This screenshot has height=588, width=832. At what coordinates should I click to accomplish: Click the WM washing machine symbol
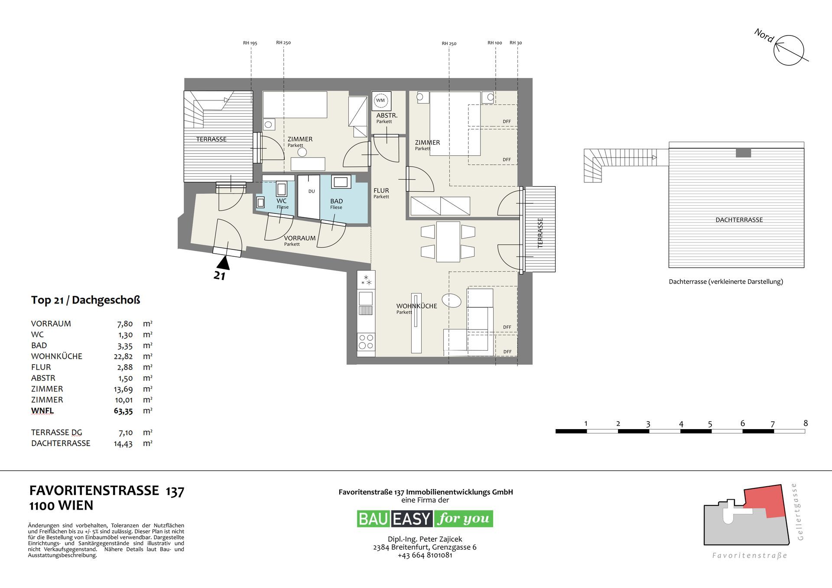tap(380, 100)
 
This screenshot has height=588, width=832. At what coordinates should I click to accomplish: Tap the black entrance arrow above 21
tap(224, 263)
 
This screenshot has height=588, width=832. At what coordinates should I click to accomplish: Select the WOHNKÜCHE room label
tap(416, 306)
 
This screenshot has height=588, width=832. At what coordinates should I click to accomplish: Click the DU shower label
tap(312, 191)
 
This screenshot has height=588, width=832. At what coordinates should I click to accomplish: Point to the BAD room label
tap(336, 201)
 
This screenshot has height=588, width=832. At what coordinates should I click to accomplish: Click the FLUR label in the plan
tap(381, 191)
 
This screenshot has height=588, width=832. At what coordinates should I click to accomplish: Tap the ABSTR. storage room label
tap(387, 116)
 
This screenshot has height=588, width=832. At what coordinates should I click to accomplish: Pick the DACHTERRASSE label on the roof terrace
tap(739, 220)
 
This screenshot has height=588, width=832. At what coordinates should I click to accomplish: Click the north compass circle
tap(789, 50)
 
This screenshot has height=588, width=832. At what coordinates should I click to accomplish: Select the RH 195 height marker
tap(250, 43)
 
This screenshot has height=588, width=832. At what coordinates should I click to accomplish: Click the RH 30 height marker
tap(516, 43)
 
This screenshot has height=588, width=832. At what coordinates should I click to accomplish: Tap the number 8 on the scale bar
tap(806, 423)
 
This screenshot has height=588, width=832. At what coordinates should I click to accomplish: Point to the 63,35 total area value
tap(123, 411)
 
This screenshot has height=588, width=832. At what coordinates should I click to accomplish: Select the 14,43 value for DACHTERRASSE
tap(123, 443)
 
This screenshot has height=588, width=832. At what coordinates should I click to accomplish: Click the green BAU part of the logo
tap(373, 519)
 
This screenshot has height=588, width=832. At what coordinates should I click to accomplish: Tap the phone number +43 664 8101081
tap(425, 555)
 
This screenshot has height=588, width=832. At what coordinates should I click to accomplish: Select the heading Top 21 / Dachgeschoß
tap(85, 300)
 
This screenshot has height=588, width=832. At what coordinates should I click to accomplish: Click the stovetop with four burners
tap(366, 342)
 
